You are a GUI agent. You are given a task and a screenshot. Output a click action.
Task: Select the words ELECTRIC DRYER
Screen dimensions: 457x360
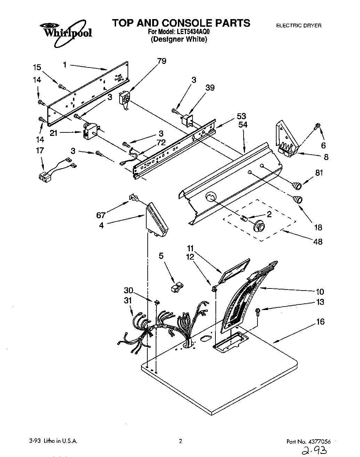point(298,25)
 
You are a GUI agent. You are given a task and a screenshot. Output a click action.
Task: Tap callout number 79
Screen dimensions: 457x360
point(162,61)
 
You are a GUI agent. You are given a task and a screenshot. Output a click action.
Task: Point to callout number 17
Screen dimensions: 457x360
point(40,150)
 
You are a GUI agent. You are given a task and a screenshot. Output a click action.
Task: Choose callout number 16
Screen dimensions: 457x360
point(320,322)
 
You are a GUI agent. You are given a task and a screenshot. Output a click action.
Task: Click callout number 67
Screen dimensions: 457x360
point(101,215)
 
